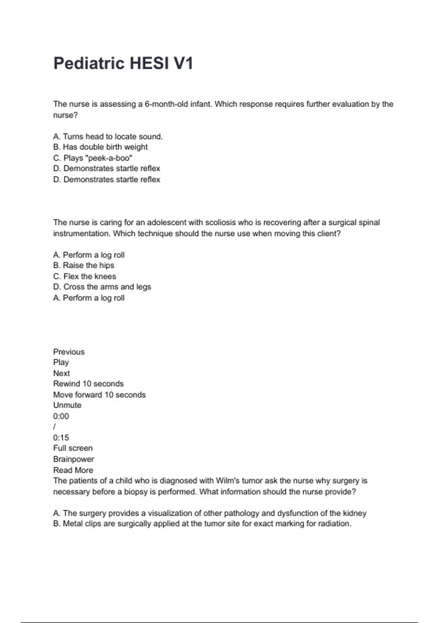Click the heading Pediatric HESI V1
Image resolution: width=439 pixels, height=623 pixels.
(x=123, y=63)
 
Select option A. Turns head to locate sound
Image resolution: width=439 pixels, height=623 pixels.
(x=108, y=136)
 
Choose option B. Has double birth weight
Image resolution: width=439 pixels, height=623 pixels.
(x=100, y=147)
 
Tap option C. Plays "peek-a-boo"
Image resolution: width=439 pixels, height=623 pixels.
(x=93, y=158)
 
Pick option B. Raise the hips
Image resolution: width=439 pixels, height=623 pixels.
(x=83, y=265)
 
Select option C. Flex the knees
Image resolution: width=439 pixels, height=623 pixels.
(x=85, y=276)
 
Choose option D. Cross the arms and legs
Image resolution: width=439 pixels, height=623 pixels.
(x=102, y=287)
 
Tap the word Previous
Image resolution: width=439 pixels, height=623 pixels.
(x=69, y=352)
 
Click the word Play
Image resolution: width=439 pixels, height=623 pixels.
(x=61, y=362)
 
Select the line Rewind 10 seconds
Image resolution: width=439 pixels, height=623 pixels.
(x=88, y=384)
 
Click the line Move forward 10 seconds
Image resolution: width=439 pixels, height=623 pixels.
(x=99, y=395)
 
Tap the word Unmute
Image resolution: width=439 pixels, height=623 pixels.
(x=67, y=405)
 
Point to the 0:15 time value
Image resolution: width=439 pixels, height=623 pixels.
(x=61, y=438)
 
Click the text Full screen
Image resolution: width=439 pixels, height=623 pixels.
(x=73, y=448)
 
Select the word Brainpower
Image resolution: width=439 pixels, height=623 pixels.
(x=74, y=459)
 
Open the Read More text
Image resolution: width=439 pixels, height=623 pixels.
(x=73, y=470)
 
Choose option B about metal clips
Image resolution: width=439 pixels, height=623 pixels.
(x=202, y=524)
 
